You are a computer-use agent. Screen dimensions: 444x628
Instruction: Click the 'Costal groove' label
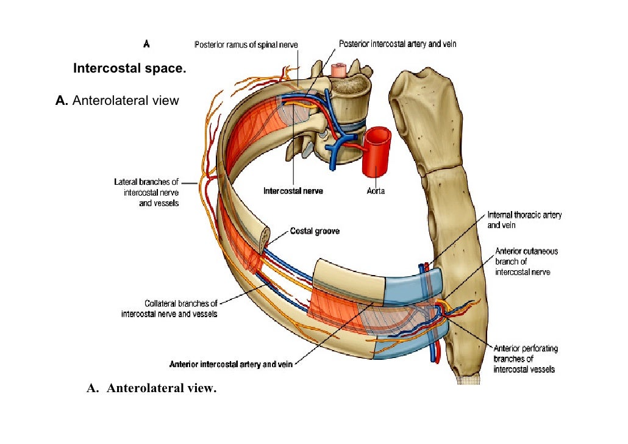(x=314, y=231)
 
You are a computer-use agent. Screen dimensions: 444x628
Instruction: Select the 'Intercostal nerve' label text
(x=293, y=191)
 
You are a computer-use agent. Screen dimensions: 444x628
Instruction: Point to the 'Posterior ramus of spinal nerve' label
(x=246, y=44)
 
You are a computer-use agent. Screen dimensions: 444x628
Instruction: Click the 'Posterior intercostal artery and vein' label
(x=398, y=44)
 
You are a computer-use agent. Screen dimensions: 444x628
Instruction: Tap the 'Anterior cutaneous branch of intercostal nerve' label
(x=526, y=261)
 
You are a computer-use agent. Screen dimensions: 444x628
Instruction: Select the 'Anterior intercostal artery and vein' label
(x=231, y=365)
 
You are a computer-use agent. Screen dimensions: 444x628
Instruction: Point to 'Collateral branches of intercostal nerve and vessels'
(x=169, y=309)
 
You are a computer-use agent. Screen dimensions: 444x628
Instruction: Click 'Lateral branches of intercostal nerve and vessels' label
(x=146, y=192)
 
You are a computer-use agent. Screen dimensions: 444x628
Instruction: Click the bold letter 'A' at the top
(x=146, y=44)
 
